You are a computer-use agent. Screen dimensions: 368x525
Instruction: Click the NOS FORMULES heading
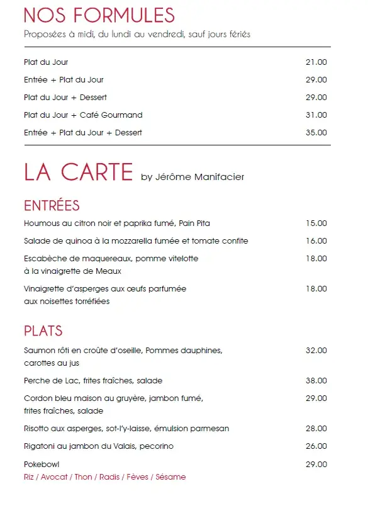pyautogui.click(x=99, y=15)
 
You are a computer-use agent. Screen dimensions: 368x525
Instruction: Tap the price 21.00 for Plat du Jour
pyautogui.click(x=316, y=62)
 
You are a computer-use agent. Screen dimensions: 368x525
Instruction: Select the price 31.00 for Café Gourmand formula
pyautogui.click(x=316, y=115)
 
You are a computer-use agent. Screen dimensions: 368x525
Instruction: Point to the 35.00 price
pyautogui.click(x=316, y=133)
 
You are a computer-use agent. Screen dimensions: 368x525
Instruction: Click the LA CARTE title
pyautogui.click(x=79, y=172)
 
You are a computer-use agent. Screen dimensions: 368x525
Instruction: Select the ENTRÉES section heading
pyautogui.click(x=52, y=206)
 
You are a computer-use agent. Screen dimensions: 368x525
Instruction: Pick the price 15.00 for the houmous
pyautogui.click(x=316, y=223)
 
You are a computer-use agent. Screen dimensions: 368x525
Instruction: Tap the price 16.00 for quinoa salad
pyautogui.click(x=316, y=241)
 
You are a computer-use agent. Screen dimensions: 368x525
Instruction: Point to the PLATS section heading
pyautogui.click(x=43, y=331)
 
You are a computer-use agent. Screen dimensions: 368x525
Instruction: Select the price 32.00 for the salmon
pyautogui.click(x=316, y=351)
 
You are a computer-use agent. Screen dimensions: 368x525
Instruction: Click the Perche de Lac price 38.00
pyautogui.click(x=316, y=381)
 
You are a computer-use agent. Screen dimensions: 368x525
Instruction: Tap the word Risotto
pyautogui.click(x=36, y=429)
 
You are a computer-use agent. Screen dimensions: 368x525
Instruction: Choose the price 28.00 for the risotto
pyautogui.click(x=316, y=429)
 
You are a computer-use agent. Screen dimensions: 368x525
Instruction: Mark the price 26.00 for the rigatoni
pyautogui.click(x=316, y=446)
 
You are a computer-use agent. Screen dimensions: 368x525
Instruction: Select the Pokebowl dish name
pyautogui.click(x=42, y=465)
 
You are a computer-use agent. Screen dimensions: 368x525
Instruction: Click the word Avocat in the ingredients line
pyautogui.click(x=55, y=477)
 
